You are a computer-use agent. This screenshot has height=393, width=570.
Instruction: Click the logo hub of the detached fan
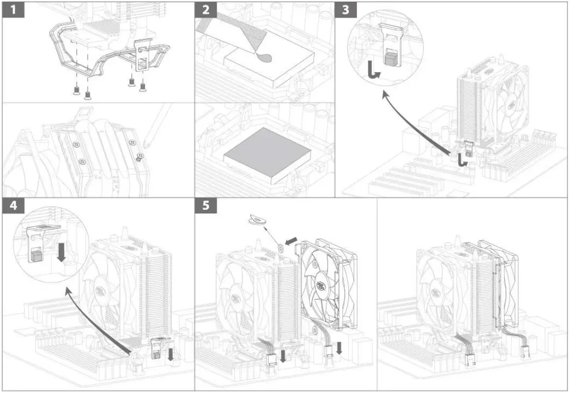click(325, 287)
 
